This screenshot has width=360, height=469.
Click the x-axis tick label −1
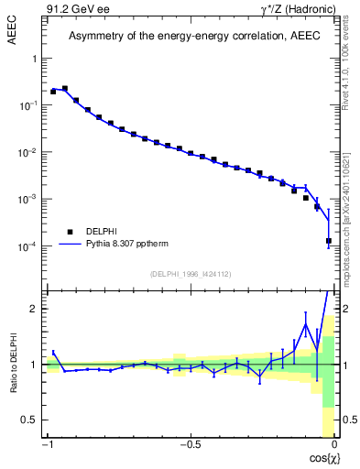[x=48, y=445]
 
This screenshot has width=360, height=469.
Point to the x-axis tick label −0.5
[x=190, y=445]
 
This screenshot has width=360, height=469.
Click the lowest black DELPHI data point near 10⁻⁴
[x=329, y=241]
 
